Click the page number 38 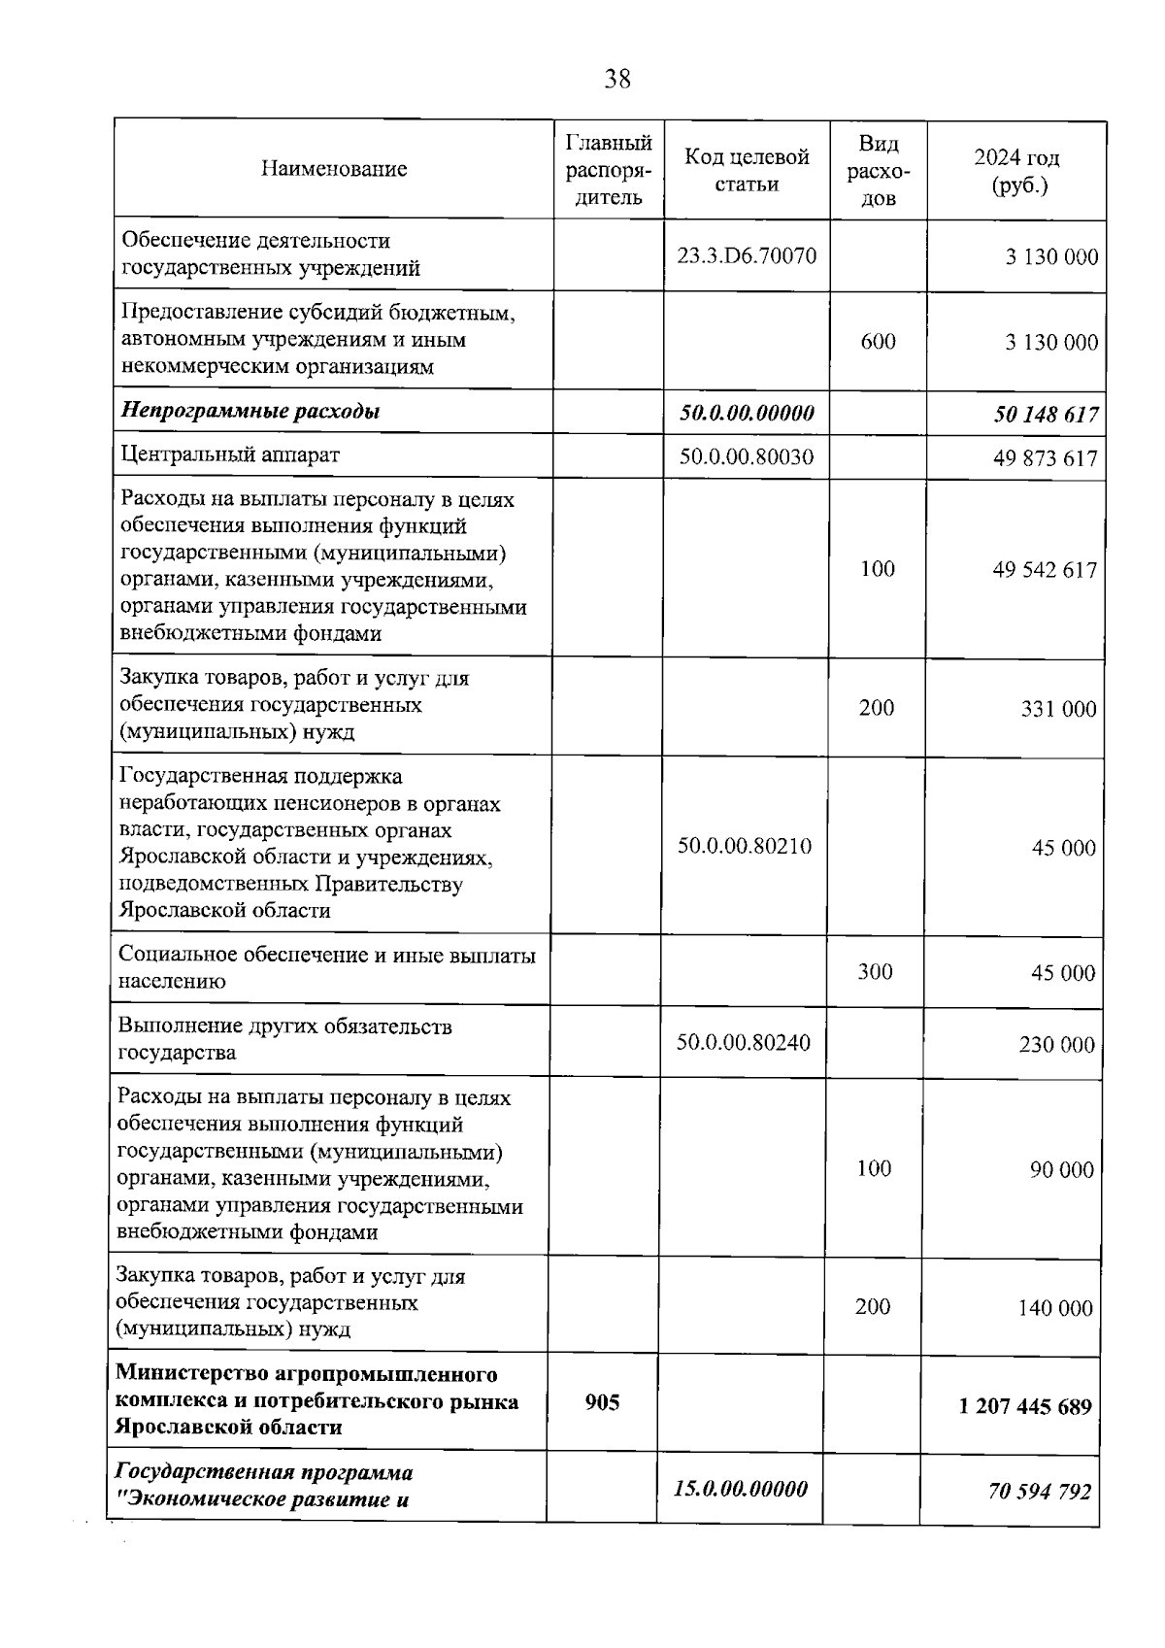(x=617, y=79)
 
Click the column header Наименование (x=334, y=169)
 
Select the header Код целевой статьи (x=747, y=170)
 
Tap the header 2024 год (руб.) (x=1016, y=171)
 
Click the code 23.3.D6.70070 (x=747, y=256)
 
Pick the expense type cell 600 (x=878, y=341)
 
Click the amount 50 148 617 (x=1046, y=415)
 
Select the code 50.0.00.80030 (x=746, y=456)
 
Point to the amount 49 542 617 (x=1044, y=569)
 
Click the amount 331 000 (x=1058, y=709)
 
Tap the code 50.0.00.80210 (x=745, y=846)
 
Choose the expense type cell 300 (x=875, y=972)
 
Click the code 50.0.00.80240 (x=744, y=1043)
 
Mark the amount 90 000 (x=1062, y=1170)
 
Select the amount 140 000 (x=1055, y=1308)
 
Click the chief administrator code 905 (x=602, y=1401)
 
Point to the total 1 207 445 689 (x=1025, y=1406)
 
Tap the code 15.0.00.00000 (x=741, y=1489)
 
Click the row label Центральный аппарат (x=229, y=454)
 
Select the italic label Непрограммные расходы (x=250, y=411)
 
